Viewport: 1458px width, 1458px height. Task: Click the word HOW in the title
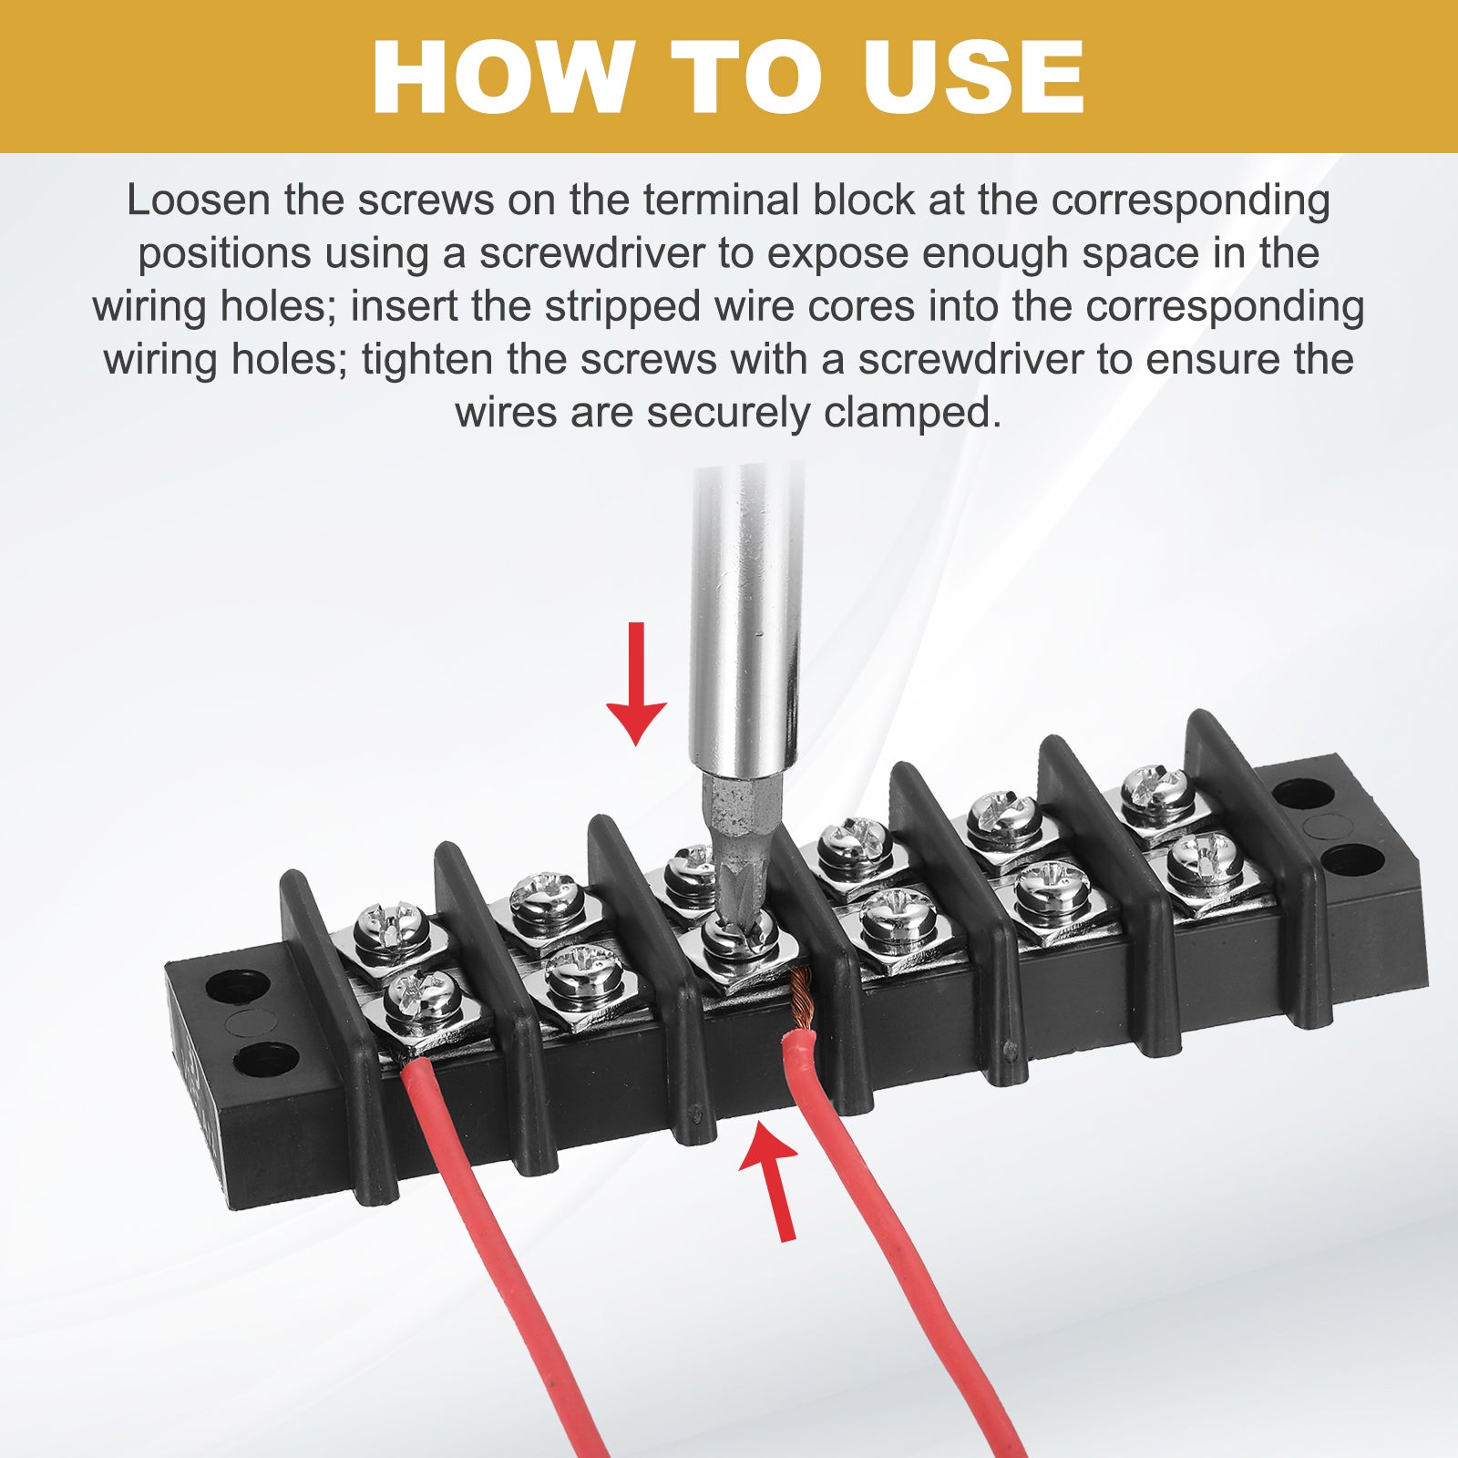point(503,77)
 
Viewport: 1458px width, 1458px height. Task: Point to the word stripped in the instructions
point(622,306)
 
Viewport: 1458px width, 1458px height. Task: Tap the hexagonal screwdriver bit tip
point(738,856)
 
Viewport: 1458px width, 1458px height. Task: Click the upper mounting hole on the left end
point(237,986)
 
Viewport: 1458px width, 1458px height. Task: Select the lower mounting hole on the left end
point(265,1059)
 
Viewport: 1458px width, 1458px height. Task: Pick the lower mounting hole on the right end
point(1352,859)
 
